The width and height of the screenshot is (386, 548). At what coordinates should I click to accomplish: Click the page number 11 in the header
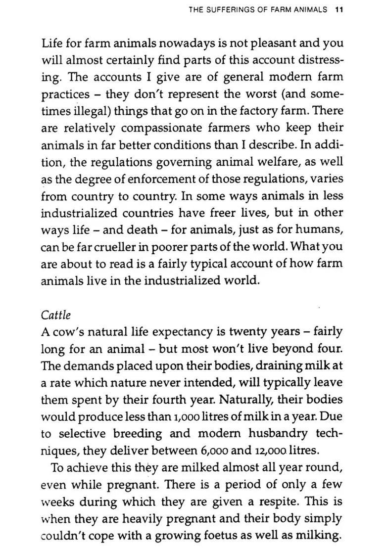coord(339,9)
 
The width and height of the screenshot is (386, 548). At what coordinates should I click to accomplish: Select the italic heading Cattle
coord(56,315)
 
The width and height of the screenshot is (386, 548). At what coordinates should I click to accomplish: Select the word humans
coord(323,230)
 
